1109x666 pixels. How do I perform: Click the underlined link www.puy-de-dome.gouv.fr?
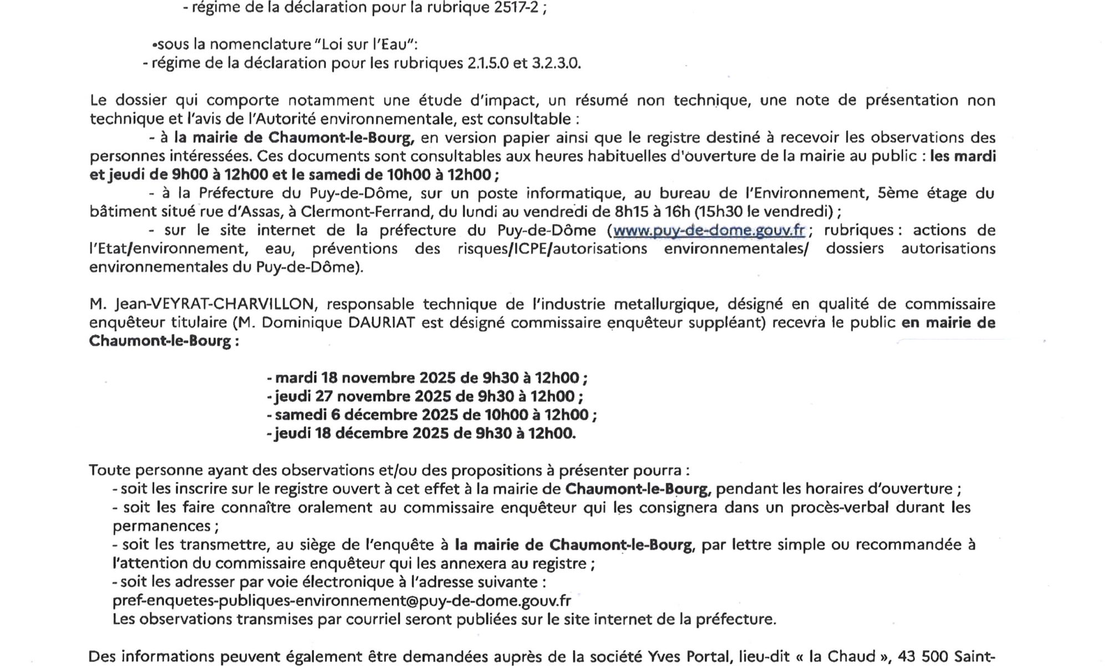[709, 230]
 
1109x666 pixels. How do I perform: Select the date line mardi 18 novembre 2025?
[427, 379]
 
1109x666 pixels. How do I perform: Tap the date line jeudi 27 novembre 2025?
[425, 397]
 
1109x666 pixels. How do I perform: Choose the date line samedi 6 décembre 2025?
[431, 415]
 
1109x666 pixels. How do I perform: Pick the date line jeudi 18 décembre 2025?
[421, 433]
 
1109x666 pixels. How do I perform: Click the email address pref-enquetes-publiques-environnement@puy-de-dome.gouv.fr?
[342, 601]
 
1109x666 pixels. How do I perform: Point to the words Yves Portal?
[688, 657]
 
